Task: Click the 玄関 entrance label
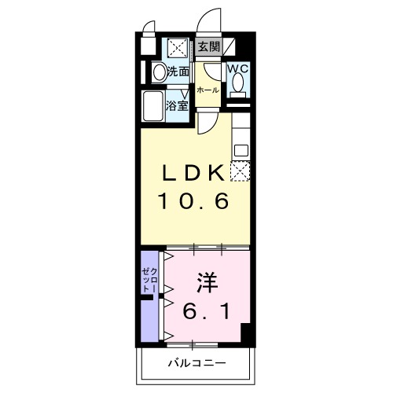click(x=208, y=47)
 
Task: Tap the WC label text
click(x=237, y=68)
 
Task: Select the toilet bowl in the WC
click(x=238, y=83)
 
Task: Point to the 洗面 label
click(x=178, y=72)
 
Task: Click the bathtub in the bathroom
click(x=152, y=106)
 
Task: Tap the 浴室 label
click(x=177, y=105)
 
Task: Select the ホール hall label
click(x=208, y=90)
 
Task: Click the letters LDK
click(x=193, y=172)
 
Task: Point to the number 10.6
click(x=193, y=201)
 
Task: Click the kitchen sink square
click(x=241, y=150)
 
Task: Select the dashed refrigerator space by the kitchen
click(x=240, y=171)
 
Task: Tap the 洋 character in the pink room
click(x=208, y=283)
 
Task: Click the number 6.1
click(x=207, y=310)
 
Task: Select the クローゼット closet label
click(x=149, y=281)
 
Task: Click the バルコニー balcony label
click(x=196, y=363)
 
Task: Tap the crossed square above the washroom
click(x=178, y=47)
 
